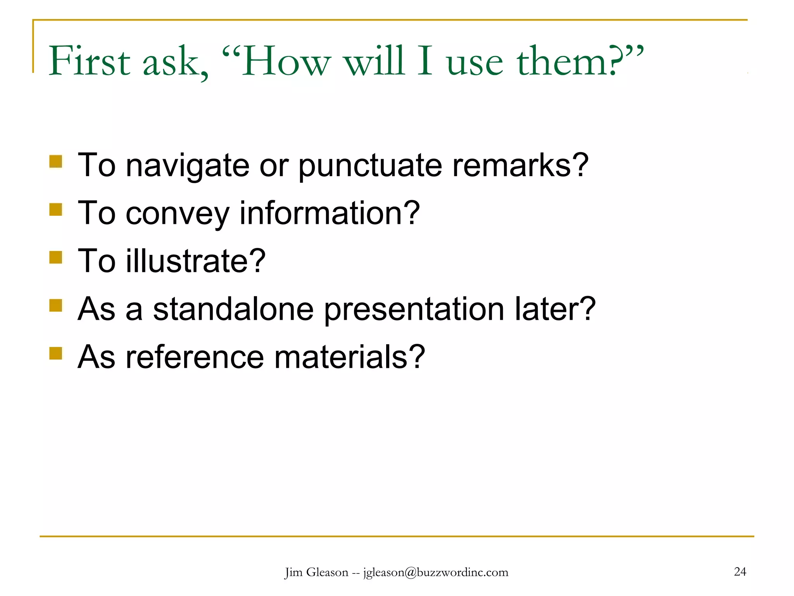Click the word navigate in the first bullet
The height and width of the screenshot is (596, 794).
click(x=188, y=166)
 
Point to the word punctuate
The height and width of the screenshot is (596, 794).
click(x=370, y=166)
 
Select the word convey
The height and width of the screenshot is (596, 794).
click(x=178, y=214)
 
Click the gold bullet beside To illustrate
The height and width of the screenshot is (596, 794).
click(x=56, y=257)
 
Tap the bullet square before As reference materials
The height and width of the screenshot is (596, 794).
click(x=56, y=353)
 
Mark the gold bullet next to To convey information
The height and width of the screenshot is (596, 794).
click(x=56, y=210)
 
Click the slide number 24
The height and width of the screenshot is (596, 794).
click(x=740, y=572)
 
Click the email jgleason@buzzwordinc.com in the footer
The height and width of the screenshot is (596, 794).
click(x=435, y=572)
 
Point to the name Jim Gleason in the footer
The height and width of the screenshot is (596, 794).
click(x=316, y=572)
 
